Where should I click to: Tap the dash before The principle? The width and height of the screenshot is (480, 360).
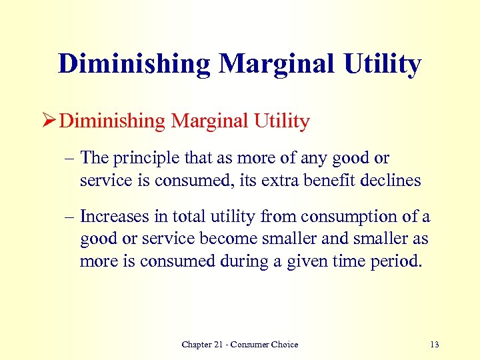click(x=70, y=159)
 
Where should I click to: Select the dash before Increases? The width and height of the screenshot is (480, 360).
click(x=70, y=217)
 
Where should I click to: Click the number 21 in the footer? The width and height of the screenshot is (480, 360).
click(x=217, y=344)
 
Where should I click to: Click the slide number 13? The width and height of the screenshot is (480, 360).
click(x=435, y=344)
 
